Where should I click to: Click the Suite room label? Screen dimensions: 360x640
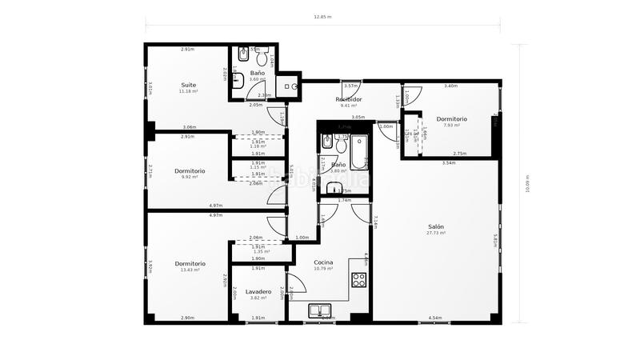point(189,84)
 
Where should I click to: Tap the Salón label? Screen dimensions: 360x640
point(435,226)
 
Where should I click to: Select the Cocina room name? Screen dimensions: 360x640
point(323,262)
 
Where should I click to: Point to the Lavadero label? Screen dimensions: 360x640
point(258,291)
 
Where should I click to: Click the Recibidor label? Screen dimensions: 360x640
point(349,99)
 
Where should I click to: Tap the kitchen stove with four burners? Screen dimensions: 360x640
point(359,280)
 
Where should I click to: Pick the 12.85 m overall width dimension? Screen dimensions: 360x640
point(322,15)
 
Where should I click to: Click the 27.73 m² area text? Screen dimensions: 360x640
point(435,233)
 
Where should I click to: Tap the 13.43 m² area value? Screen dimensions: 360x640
point(190,270)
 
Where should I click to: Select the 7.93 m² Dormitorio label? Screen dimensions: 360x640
point(452,119)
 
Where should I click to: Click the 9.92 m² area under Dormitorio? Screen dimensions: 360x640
point(190,178)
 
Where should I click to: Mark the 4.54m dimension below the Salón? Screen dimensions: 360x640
point(435,318)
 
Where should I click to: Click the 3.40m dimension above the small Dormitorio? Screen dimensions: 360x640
point(450,86)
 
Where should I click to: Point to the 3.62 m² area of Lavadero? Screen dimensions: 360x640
point(258,298)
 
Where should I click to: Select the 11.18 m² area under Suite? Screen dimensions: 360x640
point(189,91)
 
